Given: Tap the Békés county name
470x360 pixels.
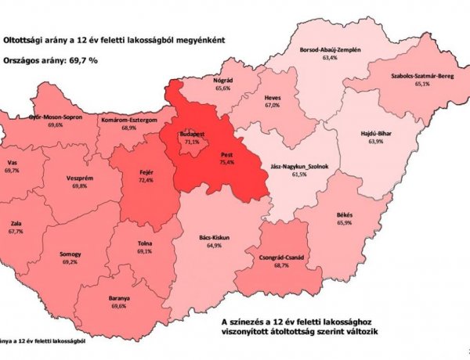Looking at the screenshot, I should coord(364,214).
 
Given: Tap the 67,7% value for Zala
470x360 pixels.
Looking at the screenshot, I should coord(16,232).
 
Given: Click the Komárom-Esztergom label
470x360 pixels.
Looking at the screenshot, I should coord(130,120).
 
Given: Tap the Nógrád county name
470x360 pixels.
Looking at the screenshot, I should coord(226,81).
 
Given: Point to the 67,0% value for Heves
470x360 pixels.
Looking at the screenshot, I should coord(272,105).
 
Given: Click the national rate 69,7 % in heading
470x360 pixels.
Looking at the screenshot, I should coord(78,59).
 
